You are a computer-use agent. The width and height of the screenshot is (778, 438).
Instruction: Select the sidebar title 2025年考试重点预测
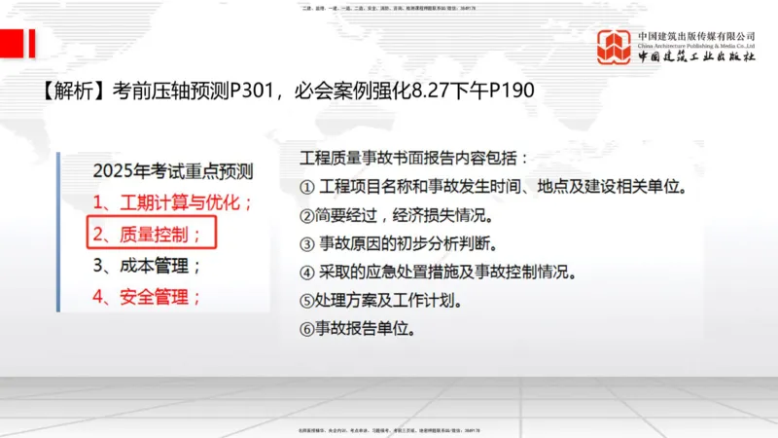pos(172,171)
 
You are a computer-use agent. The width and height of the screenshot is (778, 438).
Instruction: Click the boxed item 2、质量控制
pos(147,234)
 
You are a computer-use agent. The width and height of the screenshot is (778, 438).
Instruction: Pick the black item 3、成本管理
pos(147,265)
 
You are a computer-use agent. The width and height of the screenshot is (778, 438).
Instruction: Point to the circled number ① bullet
pos(308,187)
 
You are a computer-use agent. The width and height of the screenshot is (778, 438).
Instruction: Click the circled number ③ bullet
pos(308,243)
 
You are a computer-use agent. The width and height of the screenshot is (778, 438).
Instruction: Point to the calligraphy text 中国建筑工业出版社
pos(696,57)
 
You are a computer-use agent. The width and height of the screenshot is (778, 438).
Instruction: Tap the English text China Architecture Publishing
pos(695,46)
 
